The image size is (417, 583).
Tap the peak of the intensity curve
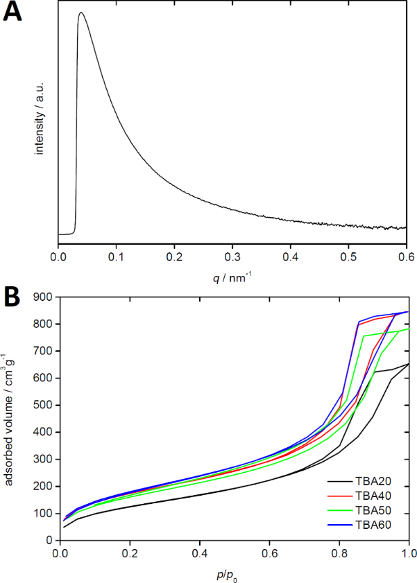pyautogui.click(x=81, y=12)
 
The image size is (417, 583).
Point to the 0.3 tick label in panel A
pyautogui.click(x=233, y=256)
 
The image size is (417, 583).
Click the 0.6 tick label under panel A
pyautogui.click(x=407, y=256)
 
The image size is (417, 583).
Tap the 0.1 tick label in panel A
pyautogui.click(x=117, y=256)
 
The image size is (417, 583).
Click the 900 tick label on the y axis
pyautogui.click(x=43, y=297)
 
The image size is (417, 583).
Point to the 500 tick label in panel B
pyautogui.click(x=43, y=405)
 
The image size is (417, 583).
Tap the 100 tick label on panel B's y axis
pyautogui.click(x=43, y=513)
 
